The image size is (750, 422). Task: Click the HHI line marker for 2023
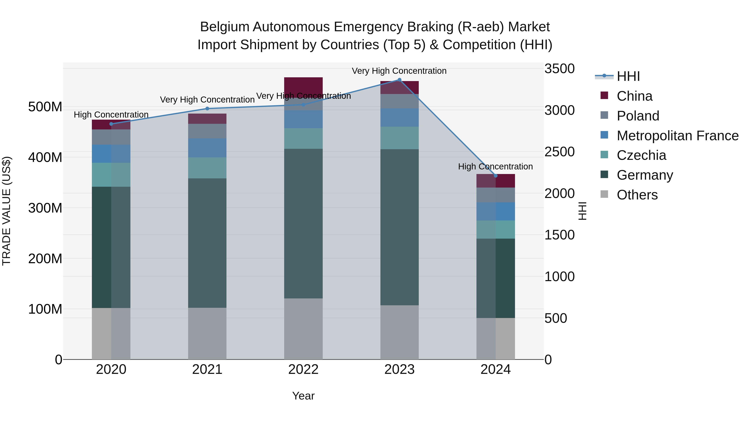click(x=399, y=80)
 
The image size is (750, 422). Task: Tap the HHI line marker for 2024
click(x=496, y=176)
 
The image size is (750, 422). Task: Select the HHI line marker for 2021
click(x=207, y=109)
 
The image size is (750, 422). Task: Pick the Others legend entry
click(x=637, y=195)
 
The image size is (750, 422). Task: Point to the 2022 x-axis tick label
click(x=303, y=369)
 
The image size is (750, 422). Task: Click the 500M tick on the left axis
click(x=45, y=107)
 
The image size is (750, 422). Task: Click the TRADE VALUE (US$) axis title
click(x=6, y=211)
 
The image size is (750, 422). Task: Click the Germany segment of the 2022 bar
click(x=303, y=223)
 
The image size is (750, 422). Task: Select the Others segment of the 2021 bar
click(x=207, y=333)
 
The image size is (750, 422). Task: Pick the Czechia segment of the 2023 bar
click(x=399, y=138)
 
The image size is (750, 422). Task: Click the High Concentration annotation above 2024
click(x=496, y=167)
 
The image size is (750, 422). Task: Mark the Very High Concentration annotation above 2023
click(x=399, y=71)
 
